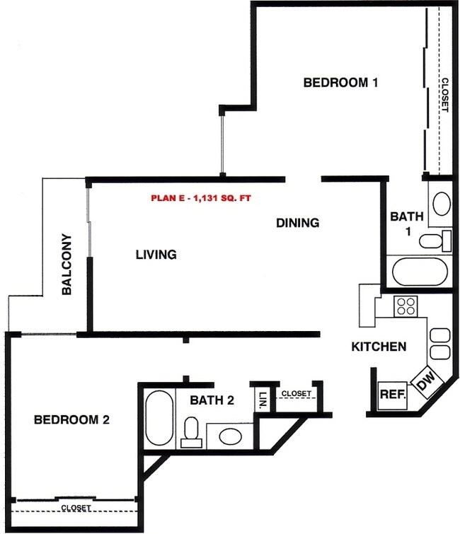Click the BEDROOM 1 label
(x=340, y=83)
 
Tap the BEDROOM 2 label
(x=71, y=419)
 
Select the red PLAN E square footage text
(x=200, y=198)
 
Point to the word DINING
(x=297, y=223)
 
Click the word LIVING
(x=156, y=254)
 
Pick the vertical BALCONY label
(x=66, y=264)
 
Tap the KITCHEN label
(x=379, y=347)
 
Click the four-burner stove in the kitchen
(x=406, y=306)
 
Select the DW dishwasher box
(x=425, y=383)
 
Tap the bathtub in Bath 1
(x=420, y=272)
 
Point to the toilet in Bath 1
(x=433, y=240)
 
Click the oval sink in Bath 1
(x=441, y=204)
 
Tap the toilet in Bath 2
(x=190, y=431)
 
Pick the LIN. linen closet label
(x=261, y=398)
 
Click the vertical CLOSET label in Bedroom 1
(x=444, y=95)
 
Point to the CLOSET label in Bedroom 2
(x=75, y=508)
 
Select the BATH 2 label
(x=212, y=400)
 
